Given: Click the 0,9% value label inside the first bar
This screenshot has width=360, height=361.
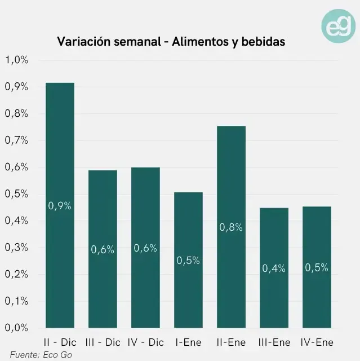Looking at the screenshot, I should pyautogui.click(x=60, y=206).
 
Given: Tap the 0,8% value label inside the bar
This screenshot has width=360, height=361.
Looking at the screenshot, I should pyautogui.click(x=231, y=227).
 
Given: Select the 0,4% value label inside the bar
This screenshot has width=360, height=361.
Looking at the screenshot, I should pyautogui.click(x=274, y=268).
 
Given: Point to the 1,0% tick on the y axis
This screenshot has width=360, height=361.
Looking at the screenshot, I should pyautogui.click(x=17, y=60).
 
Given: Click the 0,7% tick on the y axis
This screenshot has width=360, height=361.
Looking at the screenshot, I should pyautogui.click(x=17, y=140).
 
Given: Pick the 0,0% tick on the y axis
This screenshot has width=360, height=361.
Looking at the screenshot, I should pyautogui.click(x=17, y=327).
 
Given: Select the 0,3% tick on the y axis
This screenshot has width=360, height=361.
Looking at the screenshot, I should pyautogui.click(x=17, y=247).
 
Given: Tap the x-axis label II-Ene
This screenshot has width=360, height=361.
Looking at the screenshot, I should pyautogui.click(x=231, y=342).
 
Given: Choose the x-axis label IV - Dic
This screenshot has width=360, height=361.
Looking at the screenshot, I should pyautogui.click(x=145, y=342).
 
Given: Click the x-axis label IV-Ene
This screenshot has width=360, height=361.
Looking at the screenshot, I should pyautogui.click(x=317, y=342).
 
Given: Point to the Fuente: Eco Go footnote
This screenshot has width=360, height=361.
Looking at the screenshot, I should pyautogui.click(x=41, y=355).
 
